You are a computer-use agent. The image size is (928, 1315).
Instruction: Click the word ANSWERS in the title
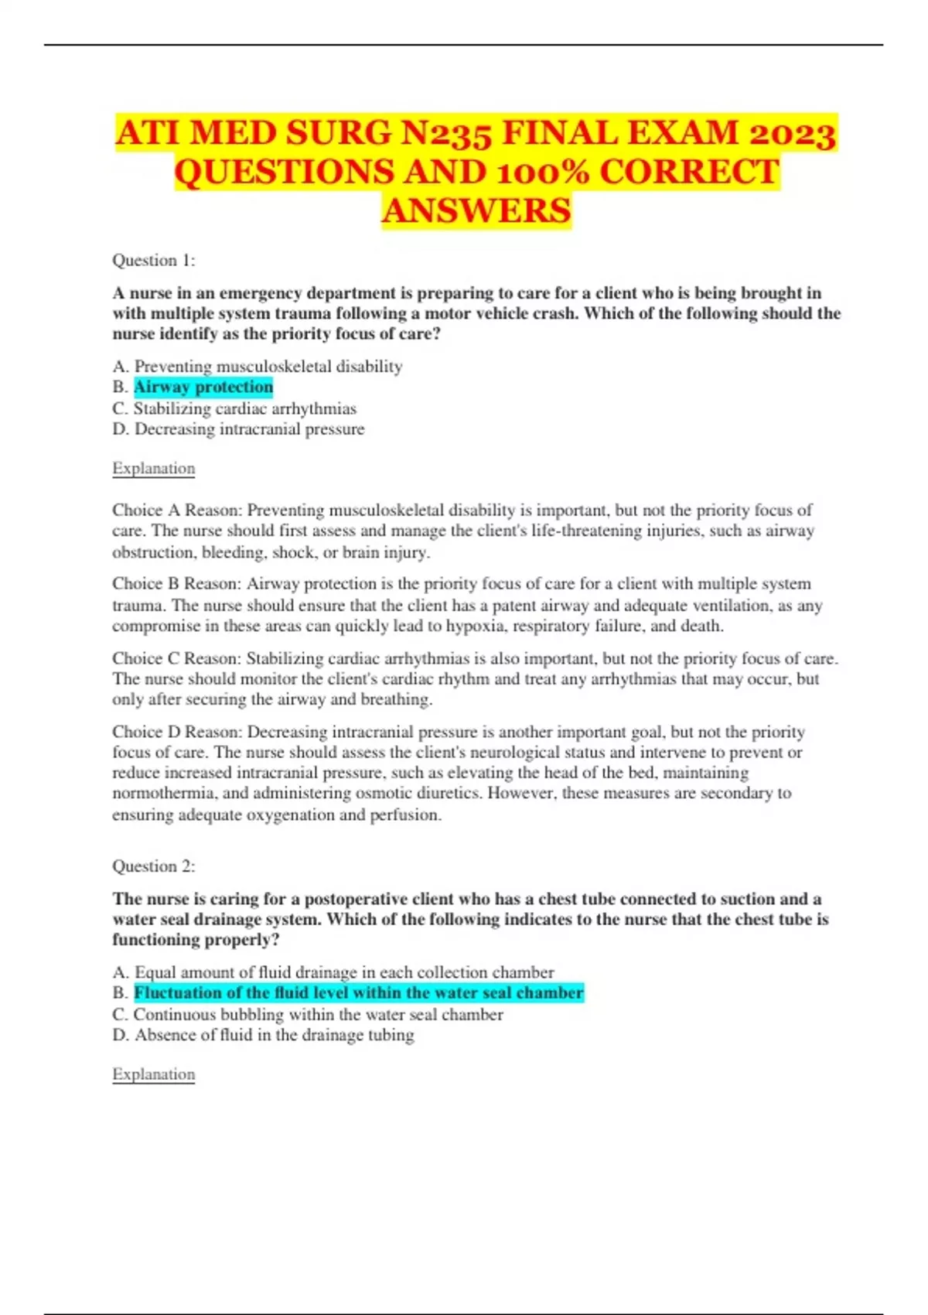pyautogui.click(x=476, y=210)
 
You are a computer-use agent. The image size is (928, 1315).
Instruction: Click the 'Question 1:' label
pyautogui.click(x=153, y=261)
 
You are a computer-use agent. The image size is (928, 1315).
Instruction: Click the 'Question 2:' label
pyautogui.click(x=153, y=866)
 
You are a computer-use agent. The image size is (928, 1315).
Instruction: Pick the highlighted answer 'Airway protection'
pyautogui.click(x=203, y=387)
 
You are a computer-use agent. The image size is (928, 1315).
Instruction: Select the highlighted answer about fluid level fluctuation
pyautogui.click(x=359, y=992)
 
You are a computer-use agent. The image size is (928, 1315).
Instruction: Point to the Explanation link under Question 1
pyautogui.click(x=153, y=469)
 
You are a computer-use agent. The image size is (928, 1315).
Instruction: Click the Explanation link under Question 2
pyautogui.click(x=153, y=1074)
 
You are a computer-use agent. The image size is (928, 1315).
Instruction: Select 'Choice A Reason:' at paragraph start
pyautogui.click(x=177, y=511)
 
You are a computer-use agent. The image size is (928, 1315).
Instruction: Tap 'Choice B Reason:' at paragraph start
pyautogui.click(x=177, y=584)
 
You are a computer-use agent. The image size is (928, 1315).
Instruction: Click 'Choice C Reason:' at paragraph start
pyautogui.click(x=177, y=658)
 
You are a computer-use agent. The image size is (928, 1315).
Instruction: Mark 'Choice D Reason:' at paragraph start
pyautogui.click(x=177, y=732)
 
